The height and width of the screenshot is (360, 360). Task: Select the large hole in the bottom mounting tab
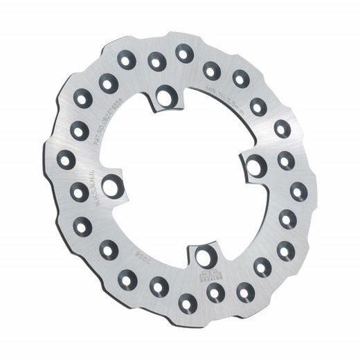[202, 258]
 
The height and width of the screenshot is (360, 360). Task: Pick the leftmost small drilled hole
[66, 161]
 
